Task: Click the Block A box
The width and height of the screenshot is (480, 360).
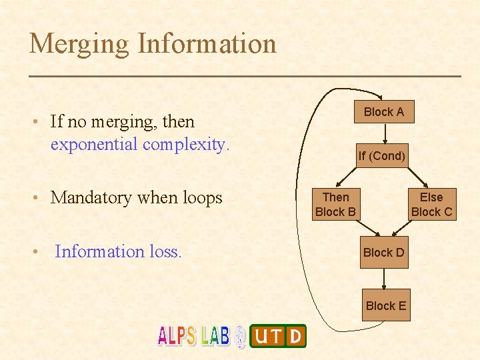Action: (383, 111)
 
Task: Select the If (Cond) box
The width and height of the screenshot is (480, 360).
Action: (381, 156)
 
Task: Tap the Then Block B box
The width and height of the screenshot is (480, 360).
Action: (335, 204)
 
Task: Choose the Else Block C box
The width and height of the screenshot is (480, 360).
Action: (431, 204)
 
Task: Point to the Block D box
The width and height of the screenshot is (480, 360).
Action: (383, 253)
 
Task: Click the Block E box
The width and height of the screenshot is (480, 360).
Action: (385, 305)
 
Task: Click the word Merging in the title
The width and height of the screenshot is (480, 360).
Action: (79, 44)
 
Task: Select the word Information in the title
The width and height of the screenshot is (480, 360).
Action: (206, 44)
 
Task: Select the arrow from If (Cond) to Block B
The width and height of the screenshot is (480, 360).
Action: (347, 177)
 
